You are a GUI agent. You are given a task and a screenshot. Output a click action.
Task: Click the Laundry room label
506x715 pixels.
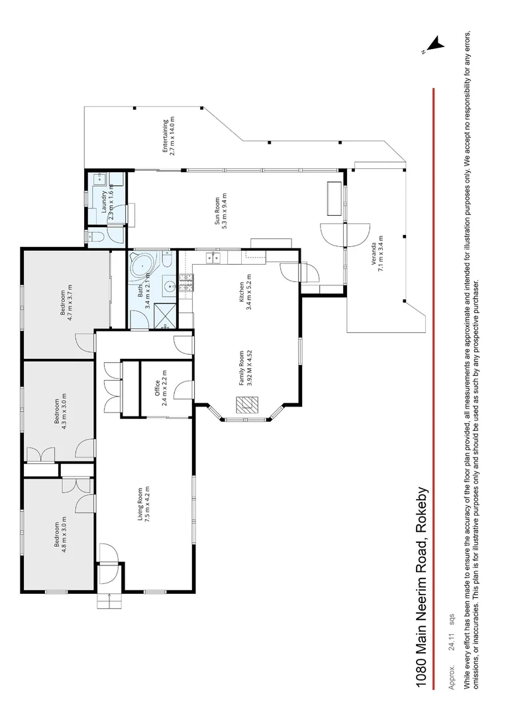pyautogui.click(x=108, y=201)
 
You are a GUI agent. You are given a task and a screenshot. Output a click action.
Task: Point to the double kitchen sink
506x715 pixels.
pyautogui.click(x=213, y=257)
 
